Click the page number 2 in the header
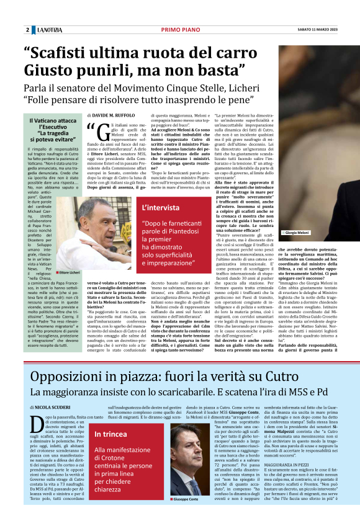pyautogui.click(x=28, y=30)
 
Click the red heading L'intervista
pyautogui.click(x=162, y=225)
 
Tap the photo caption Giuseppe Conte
pyautogui.click(x=191, y=517)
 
